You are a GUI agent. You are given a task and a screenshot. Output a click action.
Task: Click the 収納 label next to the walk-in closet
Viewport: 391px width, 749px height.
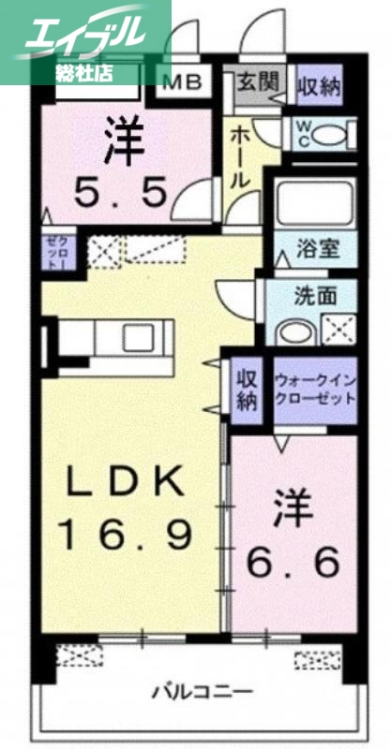pos(247,390)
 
